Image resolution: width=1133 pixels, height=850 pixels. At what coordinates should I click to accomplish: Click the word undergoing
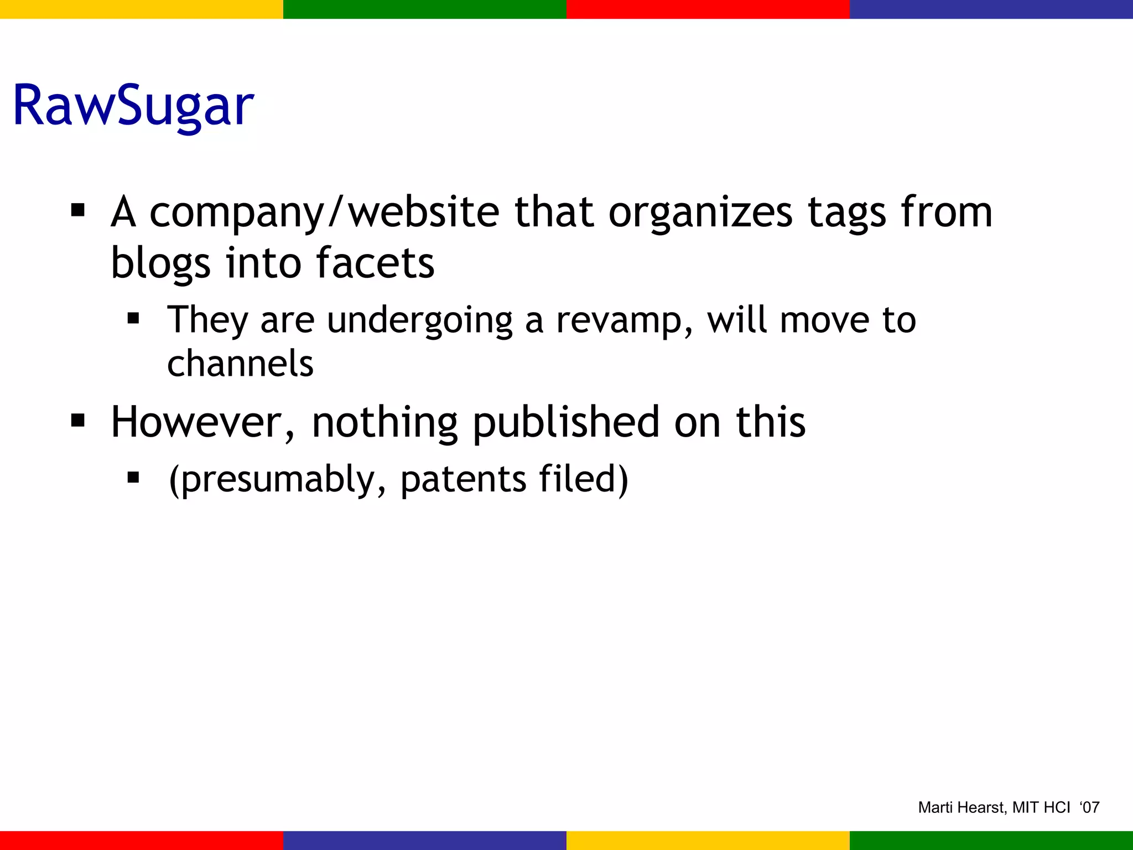(420, 320)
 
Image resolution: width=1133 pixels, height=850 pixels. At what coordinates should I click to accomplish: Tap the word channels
(240, 364)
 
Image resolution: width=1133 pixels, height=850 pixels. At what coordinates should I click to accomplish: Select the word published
(566, 422)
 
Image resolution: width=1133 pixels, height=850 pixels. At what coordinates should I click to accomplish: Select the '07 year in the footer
(1089, 807)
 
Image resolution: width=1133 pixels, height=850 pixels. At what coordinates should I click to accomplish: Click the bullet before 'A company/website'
(78, 210)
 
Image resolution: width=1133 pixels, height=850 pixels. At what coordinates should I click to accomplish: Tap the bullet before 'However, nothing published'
(78, 421)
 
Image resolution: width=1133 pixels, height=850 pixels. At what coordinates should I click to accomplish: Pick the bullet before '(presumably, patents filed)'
(133, 477)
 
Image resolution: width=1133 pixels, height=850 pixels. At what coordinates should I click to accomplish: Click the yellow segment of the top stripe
(142, 9)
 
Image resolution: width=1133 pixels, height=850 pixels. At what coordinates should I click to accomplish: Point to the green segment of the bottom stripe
(991, 841)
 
